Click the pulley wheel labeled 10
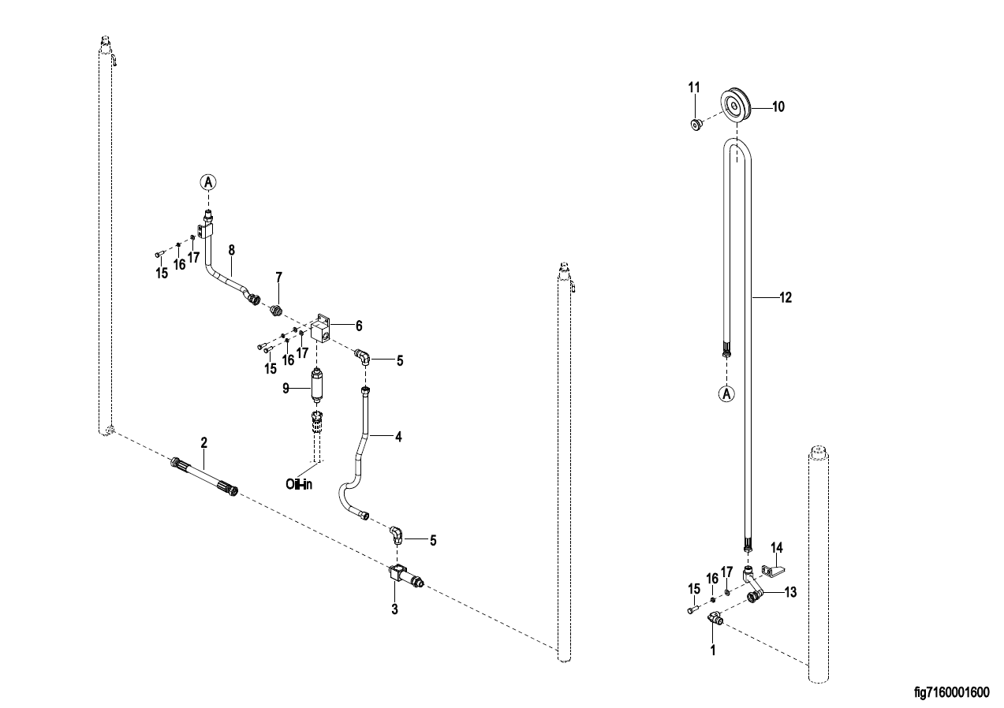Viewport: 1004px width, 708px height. [x=739, y=106]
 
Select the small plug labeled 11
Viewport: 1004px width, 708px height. [x=696, y=124]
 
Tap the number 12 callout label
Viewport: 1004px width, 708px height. [x=785, y=298]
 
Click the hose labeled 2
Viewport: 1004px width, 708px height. [x=203, y=475]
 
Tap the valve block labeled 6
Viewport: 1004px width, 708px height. [x=323, y=329]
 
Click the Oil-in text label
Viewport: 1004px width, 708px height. [x=299, y=485]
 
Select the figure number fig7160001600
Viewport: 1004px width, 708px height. [x=950, y=692]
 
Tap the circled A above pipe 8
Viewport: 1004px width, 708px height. [x=208, y=182]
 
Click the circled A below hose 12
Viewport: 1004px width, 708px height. [x=727, y=392]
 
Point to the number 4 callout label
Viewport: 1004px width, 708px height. [x=398, y=436]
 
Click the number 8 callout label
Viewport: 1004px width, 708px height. [x=231, y=250]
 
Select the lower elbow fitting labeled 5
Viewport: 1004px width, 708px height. [x=397, y=536]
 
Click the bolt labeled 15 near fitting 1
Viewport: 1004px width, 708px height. [x=692, y=609]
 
